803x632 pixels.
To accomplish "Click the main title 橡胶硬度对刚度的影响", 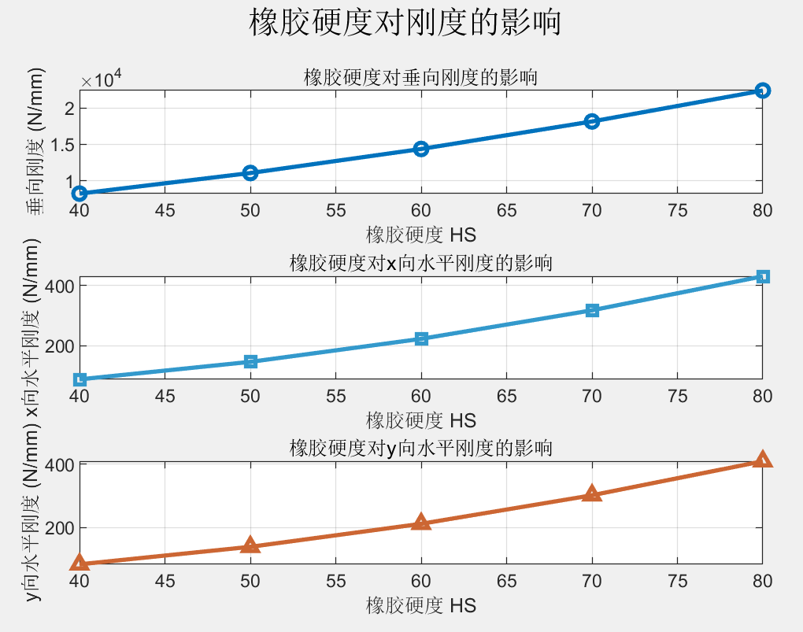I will coord(405,23).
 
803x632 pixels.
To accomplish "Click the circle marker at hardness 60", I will coord(421,149).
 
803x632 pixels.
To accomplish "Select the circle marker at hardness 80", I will coord(762,91).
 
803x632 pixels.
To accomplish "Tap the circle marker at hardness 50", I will coord(250,173).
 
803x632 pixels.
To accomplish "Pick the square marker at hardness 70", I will coord(592,311).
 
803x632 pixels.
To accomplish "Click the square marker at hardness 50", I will coord(250,362).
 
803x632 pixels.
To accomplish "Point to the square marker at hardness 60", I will coord(421,339).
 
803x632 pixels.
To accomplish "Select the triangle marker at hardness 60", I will coord(421,522).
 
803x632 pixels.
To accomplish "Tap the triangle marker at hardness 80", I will coord(762,460).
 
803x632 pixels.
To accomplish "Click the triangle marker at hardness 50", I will coord(250,545).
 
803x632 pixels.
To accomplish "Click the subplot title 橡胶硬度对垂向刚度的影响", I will coord(420,78).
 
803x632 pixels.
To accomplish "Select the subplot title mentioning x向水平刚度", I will coord(420,263).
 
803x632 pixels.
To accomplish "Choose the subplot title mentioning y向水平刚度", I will coord(420,449).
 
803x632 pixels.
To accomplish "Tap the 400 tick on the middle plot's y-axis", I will coord(60,286).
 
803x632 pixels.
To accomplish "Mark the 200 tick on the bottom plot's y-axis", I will coord(60,528).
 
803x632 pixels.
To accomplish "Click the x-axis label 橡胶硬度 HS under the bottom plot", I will coord(420,605).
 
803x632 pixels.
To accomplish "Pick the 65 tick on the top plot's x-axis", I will coord(506,211).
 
